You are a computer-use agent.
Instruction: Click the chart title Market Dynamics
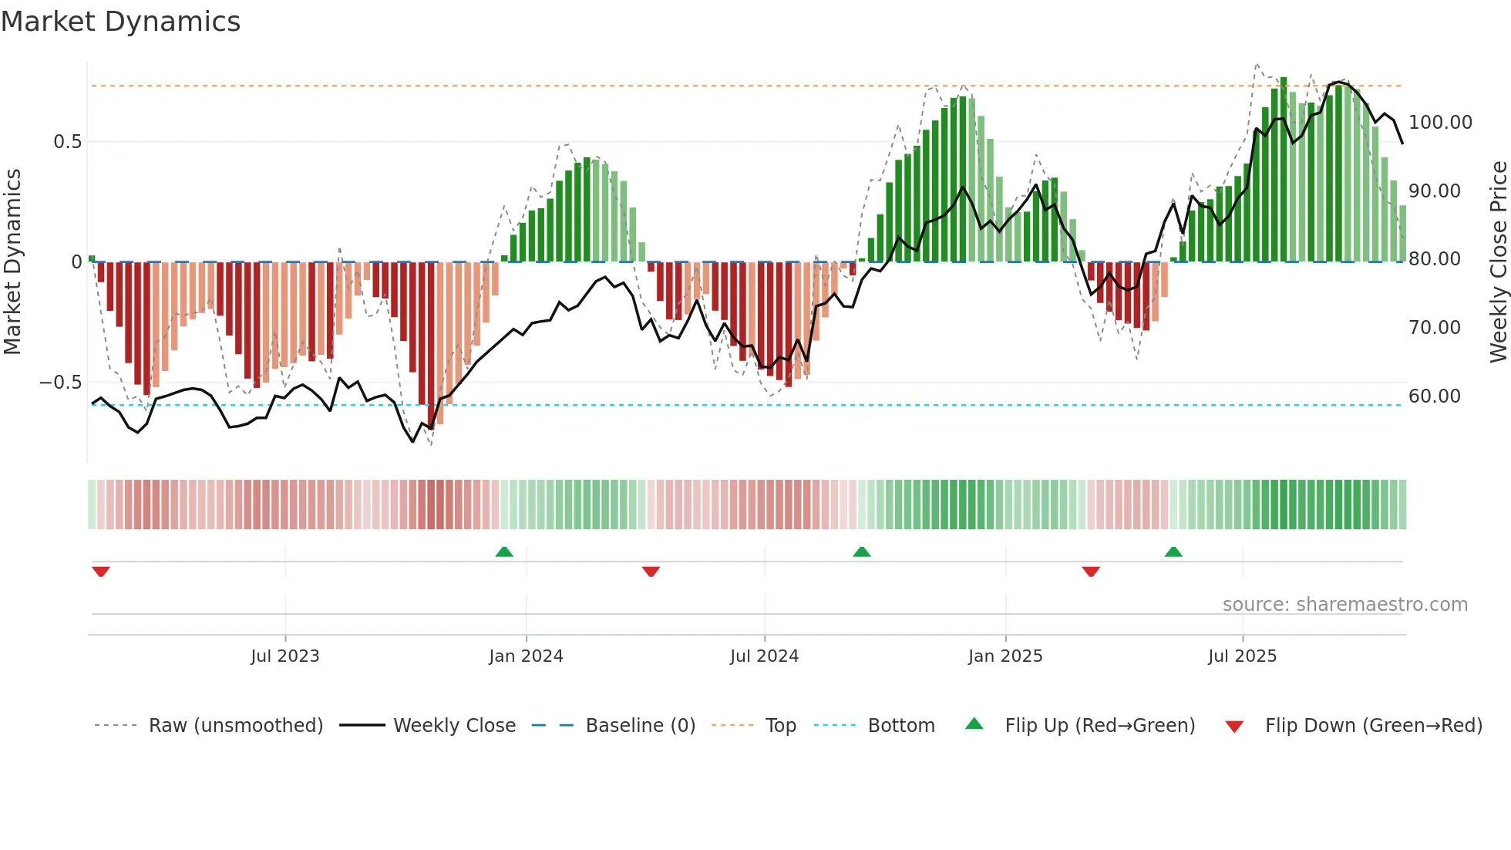(x=120, y=22)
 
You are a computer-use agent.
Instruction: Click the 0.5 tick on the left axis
(x=67, y=142)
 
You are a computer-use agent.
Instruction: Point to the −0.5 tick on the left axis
(x=60, y=383)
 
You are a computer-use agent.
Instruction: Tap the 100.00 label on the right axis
(x=1440, y=123)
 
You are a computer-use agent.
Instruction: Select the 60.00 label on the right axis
(x=1434, y=396)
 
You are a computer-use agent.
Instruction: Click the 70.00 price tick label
(x=1434, y=328)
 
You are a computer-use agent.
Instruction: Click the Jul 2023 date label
(x=284, y=656)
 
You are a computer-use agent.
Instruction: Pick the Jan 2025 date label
(x=1005, y=656)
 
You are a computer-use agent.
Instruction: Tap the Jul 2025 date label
(x=1242, y=656)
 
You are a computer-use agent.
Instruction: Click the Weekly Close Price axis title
(x=1498, y=262)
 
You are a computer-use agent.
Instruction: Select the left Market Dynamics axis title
(x=12, y=262)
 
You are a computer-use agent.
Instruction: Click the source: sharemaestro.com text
(x=1344, y=605)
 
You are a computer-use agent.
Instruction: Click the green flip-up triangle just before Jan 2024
(x=504, y=551)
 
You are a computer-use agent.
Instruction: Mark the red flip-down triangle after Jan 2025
(x=1091, y=572)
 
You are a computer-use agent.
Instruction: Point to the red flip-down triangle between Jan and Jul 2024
(x=651, y=572)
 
